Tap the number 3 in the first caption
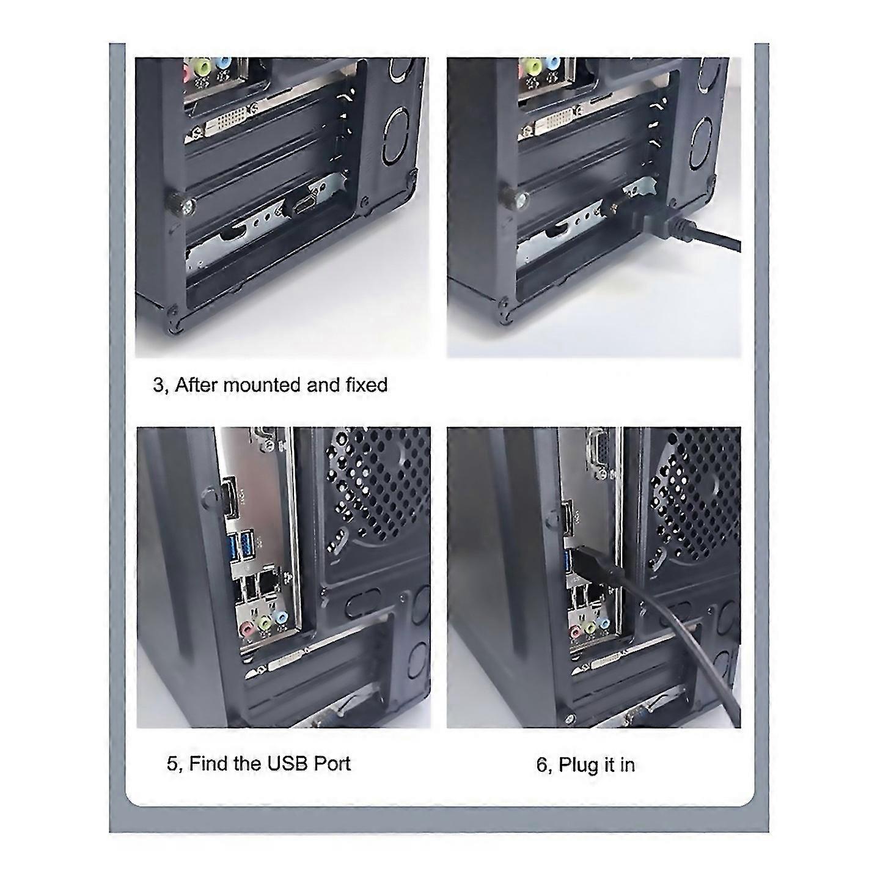[158, 386]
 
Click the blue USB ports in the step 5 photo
[241, 545]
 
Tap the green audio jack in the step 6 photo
[588, 628]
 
